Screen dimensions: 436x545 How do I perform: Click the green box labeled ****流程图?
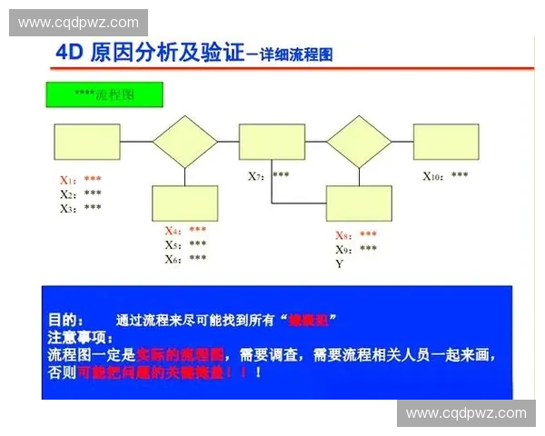coord(104,94)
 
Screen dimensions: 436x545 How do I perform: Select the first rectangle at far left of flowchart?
coord(87,141)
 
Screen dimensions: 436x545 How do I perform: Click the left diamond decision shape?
coord(185,141)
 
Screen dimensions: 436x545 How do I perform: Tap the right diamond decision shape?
coord(359,141)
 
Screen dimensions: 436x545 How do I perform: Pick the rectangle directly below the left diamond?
coord(185,203)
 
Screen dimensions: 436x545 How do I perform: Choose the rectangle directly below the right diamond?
coord(359,203)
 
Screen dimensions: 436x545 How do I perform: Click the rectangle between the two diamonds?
coord(272,141)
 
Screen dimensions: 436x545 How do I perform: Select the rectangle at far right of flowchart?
coord(446,141)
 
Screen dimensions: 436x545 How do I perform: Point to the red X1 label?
coord(67,180)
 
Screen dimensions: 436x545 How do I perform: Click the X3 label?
coord(67,208)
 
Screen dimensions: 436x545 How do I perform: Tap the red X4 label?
coord(173,231)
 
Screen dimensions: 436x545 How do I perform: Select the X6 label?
coord(173,259)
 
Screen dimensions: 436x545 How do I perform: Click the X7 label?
coord(256,175)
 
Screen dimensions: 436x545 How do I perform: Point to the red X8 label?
coord(343,234)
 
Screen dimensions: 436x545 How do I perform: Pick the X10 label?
coord(434,175)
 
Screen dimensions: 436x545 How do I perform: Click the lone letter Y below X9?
coord(340,263)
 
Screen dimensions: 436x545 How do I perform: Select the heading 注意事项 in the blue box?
coord(76,337)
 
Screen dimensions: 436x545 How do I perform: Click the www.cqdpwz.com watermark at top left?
coord(79,23)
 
